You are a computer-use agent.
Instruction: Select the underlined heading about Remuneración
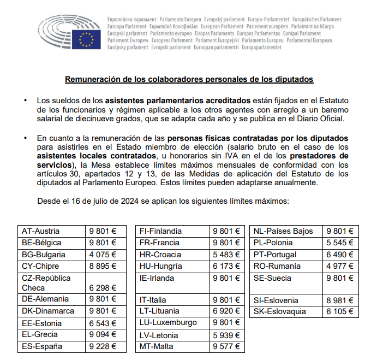tap(189, 79)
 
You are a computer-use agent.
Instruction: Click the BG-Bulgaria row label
tap(43, 255)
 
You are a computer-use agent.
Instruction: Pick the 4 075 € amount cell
tap(103, 255)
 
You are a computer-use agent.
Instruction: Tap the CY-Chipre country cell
tap(40, 266)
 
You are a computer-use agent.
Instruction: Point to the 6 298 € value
tap(103, 287)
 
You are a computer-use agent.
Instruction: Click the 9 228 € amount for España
tap(103, 346)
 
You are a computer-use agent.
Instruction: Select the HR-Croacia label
tap(160, 255)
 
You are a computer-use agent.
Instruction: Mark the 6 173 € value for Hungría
tap(226, 266)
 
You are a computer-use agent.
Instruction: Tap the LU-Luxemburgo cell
tap(168, 322)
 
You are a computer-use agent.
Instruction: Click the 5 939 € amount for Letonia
tap(226, 334)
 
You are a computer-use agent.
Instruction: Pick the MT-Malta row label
tap(157, 346)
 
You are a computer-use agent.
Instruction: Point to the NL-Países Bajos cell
tap(283, 231)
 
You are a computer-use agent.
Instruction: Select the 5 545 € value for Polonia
tap(339, 243)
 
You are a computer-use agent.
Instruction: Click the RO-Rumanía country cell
tap(277, 266)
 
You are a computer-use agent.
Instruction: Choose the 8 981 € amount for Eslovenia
tap(339, 300)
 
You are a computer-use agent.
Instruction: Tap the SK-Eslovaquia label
tap(280, 311)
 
